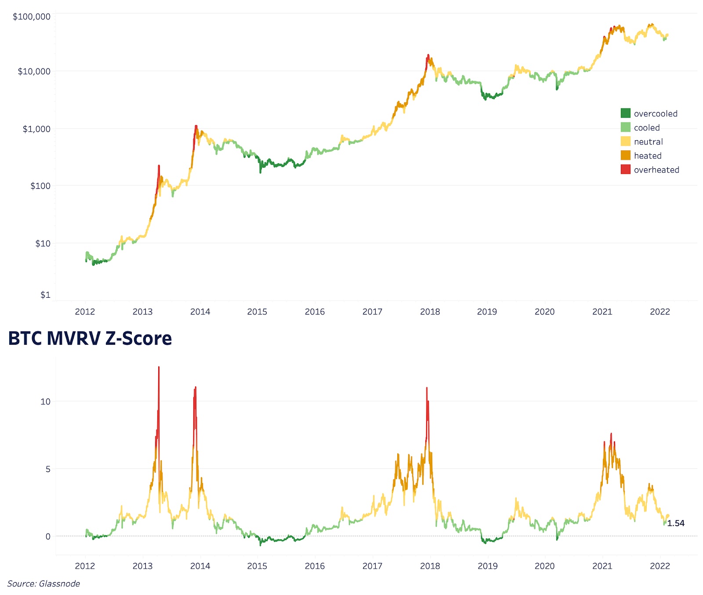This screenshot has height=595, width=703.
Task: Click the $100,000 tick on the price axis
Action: pyautogui.click(x=32, y=17)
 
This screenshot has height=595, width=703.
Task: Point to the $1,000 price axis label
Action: pyautogui.click(x=36, y=129)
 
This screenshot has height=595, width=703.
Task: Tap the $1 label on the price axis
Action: pyautogui.click(x=45, y=295)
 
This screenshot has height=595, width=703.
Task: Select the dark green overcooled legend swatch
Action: pyautogui.click(x=625, y=113)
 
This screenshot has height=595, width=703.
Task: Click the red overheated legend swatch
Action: pyautogui.click(x=625, y=169)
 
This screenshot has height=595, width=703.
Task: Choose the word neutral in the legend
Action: pyautogui.click(x=648, y=142)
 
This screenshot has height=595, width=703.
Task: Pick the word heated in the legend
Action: pyautogui.click(x=648, y=156)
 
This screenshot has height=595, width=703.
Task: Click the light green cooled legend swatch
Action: pyautogui.click(x=625, y=127)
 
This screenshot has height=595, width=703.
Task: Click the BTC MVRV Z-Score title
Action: pyautogui.click(x=90, y=339)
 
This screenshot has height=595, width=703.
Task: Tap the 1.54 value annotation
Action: pyautogui.click(x=675, y=523)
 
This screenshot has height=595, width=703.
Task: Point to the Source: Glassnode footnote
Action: pyautogui.click(x=43, y=584)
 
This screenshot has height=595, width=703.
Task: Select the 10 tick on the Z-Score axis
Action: pyautogui.click(x=45, y=401)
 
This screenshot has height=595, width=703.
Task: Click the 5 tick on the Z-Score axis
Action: pyautogui.click(x=48, y=469)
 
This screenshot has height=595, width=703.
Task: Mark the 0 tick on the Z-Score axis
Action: pyautogui.click(x=48, y=536)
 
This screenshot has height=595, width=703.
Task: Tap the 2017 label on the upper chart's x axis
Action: pyautogui.click(x=372, y=312)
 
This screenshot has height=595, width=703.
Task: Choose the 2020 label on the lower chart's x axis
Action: pyautogui.click(x=544, y=566)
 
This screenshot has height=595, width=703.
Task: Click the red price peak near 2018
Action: pyautogui.click(x=428, y=57)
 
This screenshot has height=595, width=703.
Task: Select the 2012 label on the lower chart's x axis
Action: pyautogui.click(x=85, y=566)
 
